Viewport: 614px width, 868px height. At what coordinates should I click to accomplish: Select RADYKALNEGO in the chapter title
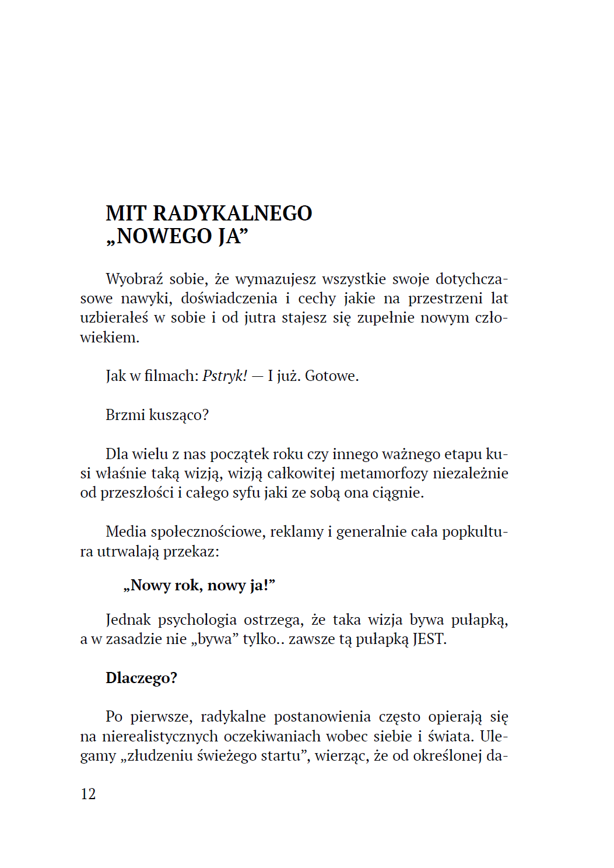232,213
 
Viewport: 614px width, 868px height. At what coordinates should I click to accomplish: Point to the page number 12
88,794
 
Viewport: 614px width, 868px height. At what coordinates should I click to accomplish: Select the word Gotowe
331,376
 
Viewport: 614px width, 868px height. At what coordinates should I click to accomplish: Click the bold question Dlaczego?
141,678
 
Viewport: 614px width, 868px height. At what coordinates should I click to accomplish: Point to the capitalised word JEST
429,639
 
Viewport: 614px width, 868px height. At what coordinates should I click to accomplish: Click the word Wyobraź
134,279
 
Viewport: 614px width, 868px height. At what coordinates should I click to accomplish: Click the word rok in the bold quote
187,585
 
